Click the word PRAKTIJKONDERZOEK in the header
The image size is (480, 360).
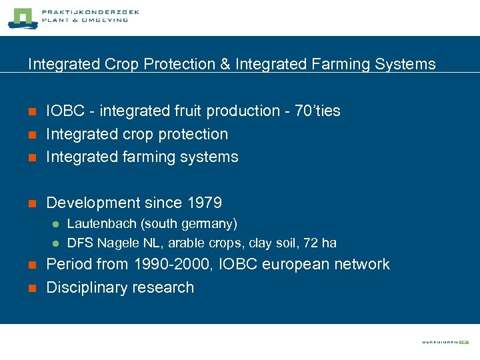pyautogui.click(x=91, y=13)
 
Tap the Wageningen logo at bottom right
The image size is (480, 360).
pyautogui.click(x=445, y=342)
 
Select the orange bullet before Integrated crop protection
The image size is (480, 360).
pyautogui.click(x=31, y=135)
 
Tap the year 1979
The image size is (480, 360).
pyautogui.click(x=205, y=203)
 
